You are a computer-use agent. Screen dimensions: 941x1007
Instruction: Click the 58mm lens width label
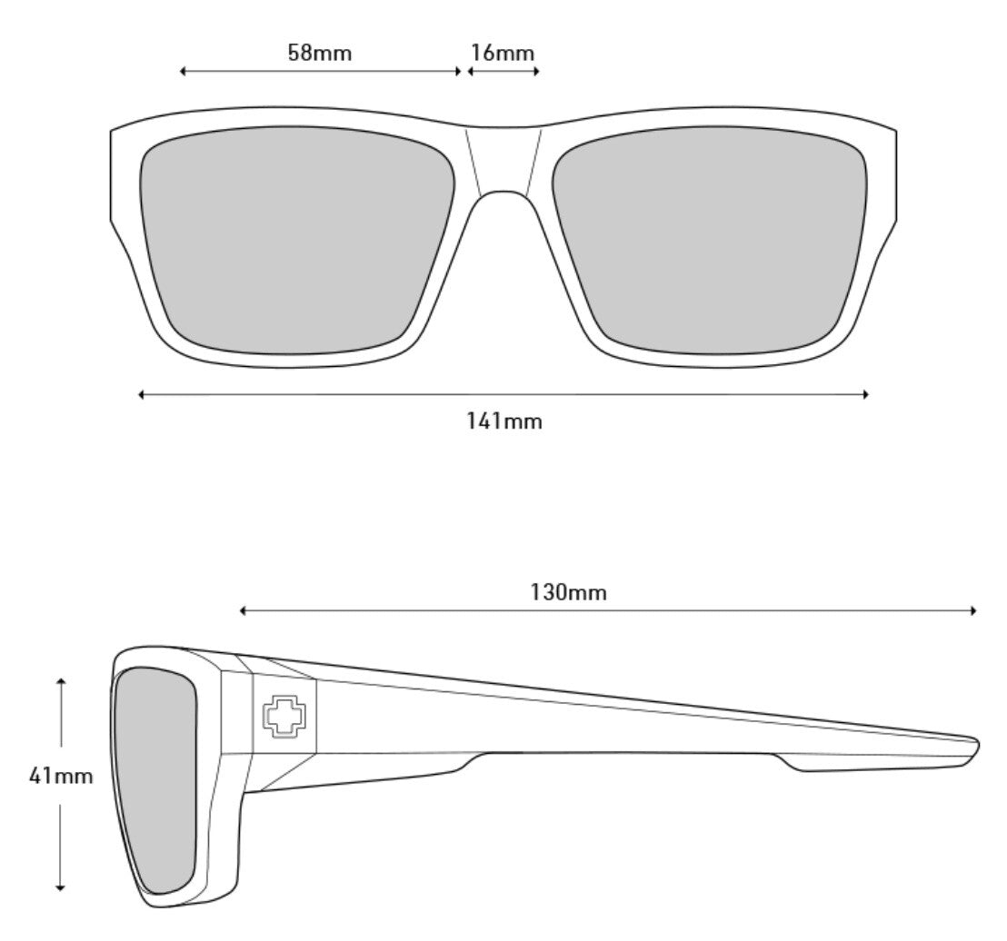tap(319, 53)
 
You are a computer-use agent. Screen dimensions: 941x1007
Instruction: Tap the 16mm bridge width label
tap(502, 53)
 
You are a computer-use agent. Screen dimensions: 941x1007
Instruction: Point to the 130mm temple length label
tap(569, 593)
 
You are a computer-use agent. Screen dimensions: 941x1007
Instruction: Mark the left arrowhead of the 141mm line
tap(142, 394)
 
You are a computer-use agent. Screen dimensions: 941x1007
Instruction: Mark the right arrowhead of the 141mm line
tap(866, 394)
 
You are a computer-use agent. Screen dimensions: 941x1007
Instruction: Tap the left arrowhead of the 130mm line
tap(243, 610)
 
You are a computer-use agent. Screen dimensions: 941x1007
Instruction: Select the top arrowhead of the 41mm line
tap(60, 680)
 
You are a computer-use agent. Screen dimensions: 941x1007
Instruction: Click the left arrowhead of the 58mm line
tap(183, 71)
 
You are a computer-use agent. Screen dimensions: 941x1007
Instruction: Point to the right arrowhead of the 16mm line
tap(536, 71)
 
